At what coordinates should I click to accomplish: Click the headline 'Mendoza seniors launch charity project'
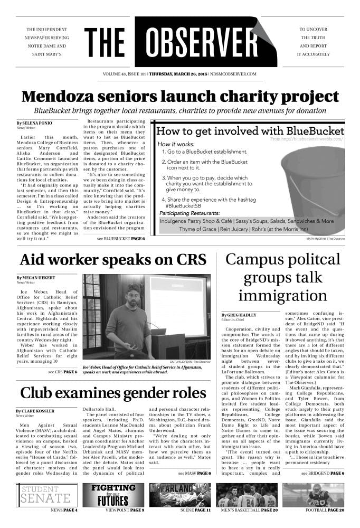[180, 97]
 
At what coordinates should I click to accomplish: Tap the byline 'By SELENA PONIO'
[35, 122]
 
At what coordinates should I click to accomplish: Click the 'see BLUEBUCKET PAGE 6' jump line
[121, 239]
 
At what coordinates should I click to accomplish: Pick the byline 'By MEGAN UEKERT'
[35, 278]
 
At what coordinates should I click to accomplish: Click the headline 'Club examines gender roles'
[112, 393]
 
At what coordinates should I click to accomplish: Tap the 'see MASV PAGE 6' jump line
[194, 473]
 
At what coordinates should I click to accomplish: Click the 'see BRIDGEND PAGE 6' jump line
[323, 473]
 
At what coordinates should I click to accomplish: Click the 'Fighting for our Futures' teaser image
[113, 495]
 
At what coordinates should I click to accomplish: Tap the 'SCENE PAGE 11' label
[191, 510]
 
